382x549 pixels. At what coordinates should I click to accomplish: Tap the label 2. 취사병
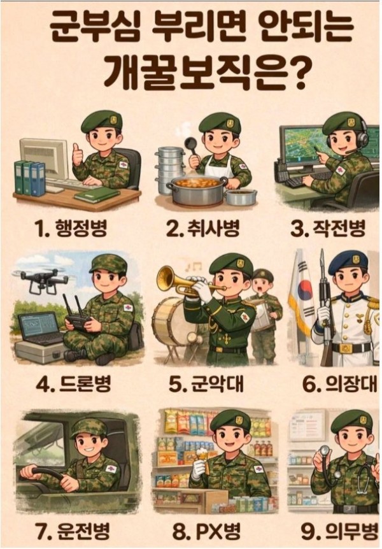(x=203, y=229)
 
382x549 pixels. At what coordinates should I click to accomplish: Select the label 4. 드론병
(x=73, y=383)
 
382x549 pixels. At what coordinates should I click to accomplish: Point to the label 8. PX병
(x=206, y=532)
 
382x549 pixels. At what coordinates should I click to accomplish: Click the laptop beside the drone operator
(x=39, y=329)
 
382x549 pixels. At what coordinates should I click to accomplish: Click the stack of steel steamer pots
(x=170, y=170)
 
